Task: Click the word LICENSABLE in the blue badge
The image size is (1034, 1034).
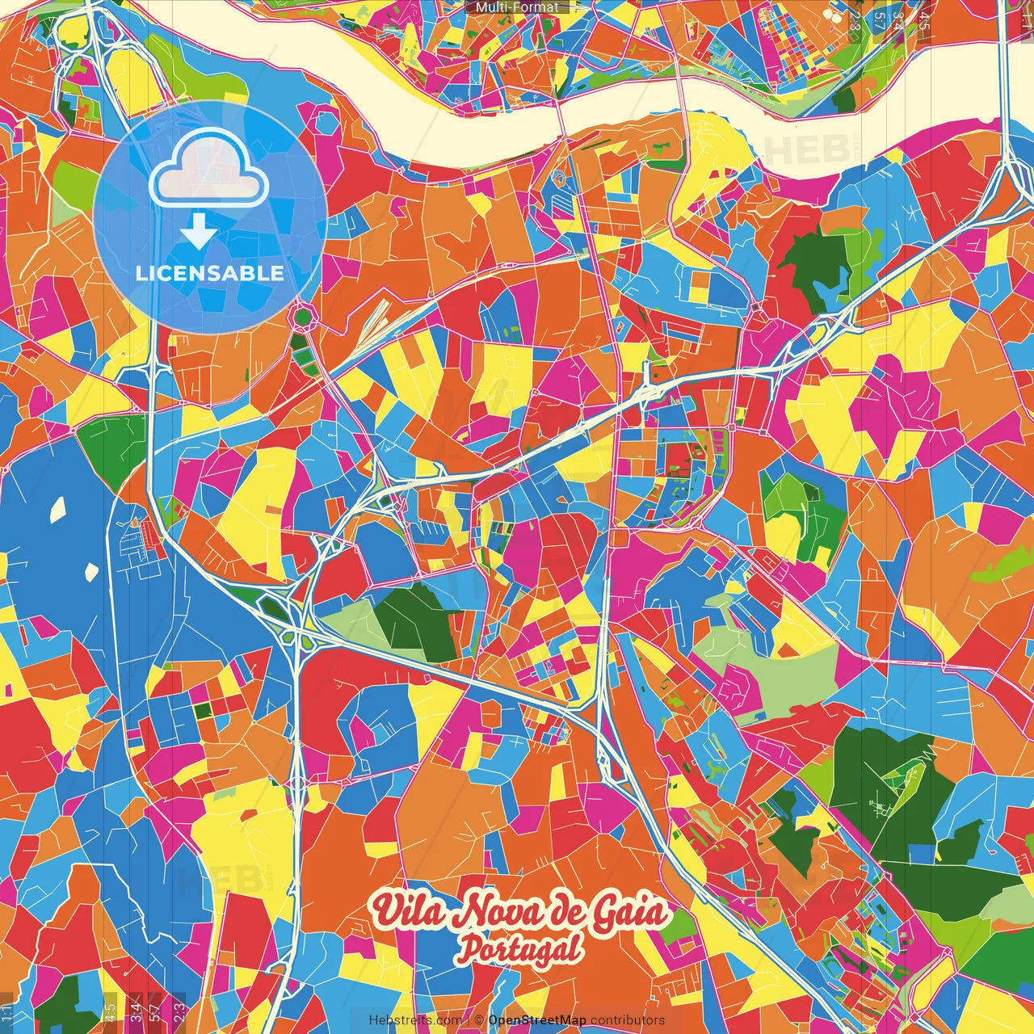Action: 210,273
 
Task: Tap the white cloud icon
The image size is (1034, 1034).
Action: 208,170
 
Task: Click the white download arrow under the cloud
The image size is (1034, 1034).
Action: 198,232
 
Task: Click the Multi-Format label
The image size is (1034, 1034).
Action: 517,7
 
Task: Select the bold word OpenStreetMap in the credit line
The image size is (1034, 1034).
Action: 537,1020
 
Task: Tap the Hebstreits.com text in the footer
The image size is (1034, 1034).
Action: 415,1020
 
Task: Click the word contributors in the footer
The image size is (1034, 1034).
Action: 628,1020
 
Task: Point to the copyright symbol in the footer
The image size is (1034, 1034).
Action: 479,1020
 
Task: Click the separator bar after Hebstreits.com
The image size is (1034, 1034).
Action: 469,1020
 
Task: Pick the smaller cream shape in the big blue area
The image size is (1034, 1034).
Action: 91,571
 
